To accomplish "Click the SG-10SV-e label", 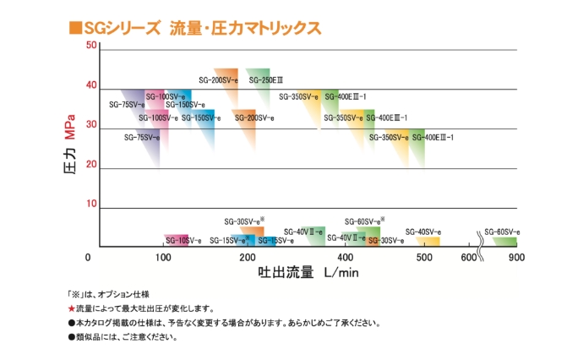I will [183, 241].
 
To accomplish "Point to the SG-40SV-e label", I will [423, 232].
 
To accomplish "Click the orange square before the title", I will [74, 28].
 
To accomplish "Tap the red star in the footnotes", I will [71, 308].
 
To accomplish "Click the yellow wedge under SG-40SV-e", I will [428, 241].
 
